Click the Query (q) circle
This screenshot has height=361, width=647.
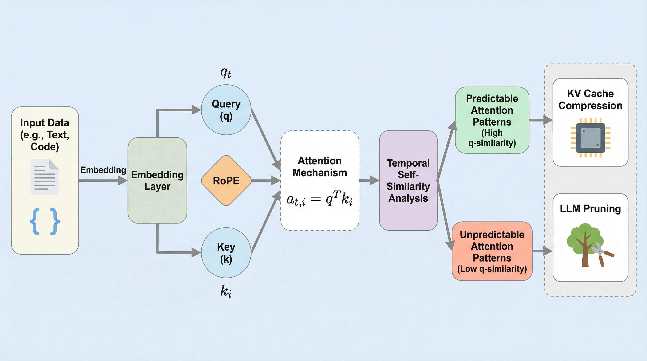click(x=226, y=110)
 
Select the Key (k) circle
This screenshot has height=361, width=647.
click(x=226, y=253)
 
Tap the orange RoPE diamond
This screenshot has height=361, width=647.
click(x=226, y=180)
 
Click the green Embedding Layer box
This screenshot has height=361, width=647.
click(x=157, y=180)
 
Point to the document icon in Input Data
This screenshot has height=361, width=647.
click(x=45, y=177)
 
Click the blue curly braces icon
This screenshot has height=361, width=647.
click(x=45, y=221)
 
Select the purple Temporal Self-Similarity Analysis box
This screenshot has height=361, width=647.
click(x=408, y=180)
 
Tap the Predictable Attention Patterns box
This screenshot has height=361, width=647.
click(x=492, y=120)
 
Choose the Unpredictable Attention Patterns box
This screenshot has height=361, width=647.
click(x=492, y=251)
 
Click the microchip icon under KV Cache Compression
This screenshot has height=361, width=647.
click(x=590, y=138)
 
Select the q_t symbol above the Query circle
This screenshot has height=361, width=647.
click(x=225, y=73)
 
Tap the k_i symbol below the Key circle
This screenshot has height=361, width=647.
click(x=226, y=291)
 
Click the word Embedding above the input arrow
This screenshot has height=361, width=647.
click(x=103, y=170)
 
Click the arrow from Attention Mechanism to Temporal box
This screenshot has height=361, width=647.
click(x=369, y=180)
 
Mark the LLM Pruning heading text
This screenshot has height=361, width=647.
click(x=590, y=209)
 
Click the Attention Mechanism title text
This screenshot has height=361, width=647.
click(x=320, y=166)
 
